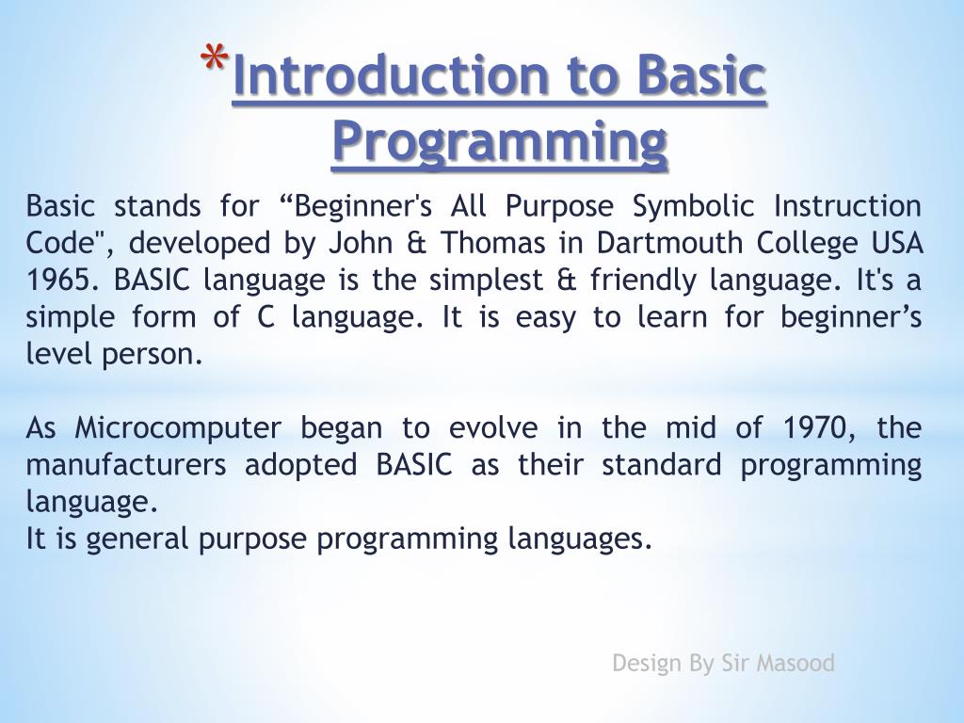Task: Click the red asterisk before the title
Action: click(x=215, y=59)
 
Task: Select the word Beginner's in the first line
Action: click(x=362, y=206)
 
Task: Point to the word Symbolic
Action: click(x=693, y=206)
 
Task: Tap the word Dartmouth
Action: click(x=669, y=243)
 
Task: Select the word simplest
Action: click(x=486, y=281)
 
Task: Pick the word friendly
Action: click(x=643, y=281)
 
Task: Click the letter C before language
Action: click(x=265, y=317)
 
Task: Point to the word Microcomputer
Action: click(x=178, y=428)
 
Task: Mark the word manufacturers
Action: click(x=126, y=465)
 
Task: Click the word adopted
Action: click(x=301, y=466)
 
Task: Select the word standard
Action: click(x=662, y=465)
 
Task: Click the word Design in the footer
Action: click(x=648, y=664)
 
